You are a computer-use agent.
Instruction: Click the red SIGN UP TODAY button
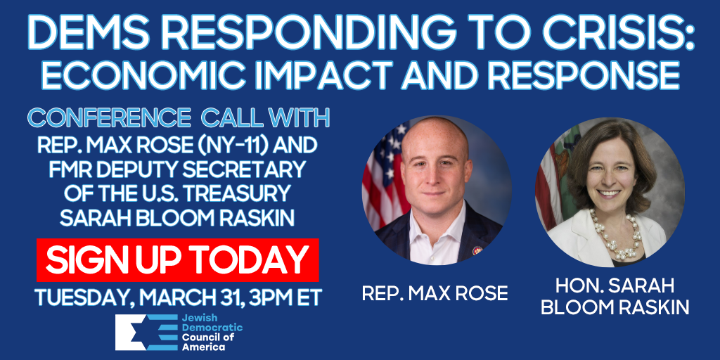[177, 260]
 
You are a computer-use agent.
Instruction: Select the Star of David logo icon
[146, 333]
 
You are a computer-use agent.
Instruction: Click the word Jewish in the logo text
[195, 319]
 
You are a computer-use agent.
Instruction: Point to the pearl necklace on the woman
[616, 234]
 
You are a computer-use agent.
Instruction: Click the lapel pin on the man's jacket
[477, 251]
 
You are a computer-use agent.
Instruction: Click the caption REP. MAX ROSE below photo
[435, 293]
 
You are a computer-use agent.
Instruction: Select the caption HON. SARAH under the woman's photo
[615, 286]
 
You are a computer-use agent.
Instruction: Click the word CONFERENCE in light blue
[109, 119]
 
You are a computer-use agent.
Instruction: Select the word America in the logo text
[198, 347]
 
